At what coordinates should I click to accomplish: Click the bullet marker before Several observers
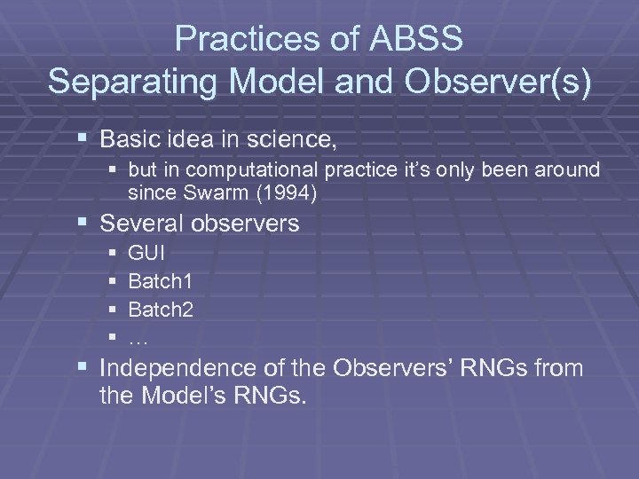(83, 224)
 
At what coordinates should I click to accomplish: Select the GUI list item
(146, 253)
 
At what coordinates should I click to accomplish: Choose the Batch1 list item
(161, 281)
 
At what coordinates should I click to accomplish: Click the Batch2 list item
(161, 310)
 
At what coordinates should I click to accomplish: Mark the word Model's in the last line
(185, 396)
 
